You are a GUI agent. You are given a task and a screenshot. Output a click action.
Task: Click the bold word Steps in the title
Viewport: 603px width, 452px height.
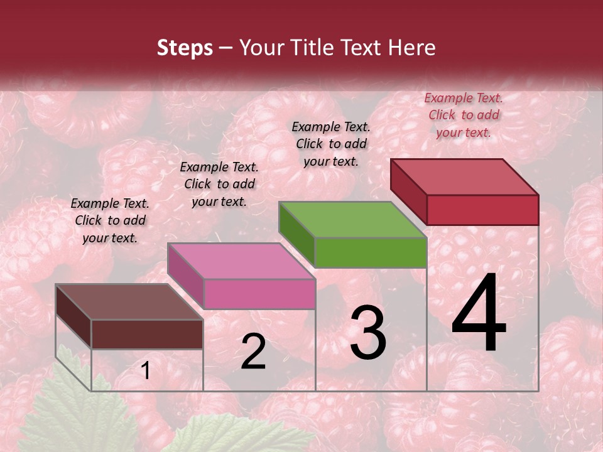coord(185,48)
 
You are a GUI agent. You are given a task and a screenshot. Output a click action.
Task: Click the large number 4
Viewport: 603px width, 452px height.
coord(479,315)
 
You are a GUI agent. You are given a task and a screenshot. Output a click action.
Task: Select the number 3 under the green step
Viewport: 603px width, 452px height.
coord(367,333)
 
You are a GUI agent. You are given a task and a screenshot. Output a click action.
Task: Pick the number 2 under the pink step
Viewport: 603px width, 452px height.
coord(253,352)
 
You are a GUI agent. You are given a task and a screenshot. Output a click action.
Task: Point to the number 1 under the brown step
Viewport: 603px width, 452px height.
coord(145,371)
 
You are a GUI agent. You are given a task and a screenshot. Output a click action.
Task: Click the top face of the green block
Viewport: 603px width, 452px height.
coord(352,220)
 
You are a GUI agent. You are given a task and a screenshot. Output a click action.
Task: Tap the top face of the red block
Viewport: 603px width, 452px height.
coord(464,177)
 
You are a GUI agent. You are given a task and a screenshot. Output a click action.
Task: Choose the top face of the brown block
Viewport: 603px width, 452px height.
coord(129,302)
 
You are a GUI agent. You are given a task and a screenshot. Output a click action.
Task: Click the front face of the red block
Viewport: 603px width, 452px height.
coord(482,210)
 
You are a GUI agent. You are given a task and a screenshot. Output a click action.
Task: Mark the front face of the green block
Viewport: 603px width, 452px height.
coord(371,252)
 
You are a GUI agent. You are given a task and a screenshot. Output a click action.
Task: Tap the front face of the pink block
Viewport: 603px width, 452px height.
coord(259,294)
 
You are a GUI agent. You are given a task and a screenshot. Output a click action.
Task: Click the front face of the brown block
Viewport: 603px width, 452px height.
coord(147,334)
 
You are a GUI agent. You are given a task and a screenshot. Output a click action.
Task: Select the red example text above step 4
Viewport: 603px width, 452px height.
coord(464,115)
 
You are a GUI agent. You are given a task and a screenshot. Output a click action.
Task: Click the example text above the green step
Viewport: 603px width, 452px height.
coord(331,144)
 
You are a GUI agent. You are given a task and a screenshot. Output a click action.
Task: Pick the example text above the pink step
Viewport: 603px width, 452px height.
coord(219,184)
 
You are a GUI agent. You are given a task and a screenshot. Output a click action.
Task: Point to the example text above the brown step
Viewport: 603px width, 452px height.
coord(110,220)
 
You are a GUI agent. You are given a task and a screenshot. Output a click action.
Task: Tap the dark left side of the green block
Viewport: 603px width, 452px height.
coord(296,234)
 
